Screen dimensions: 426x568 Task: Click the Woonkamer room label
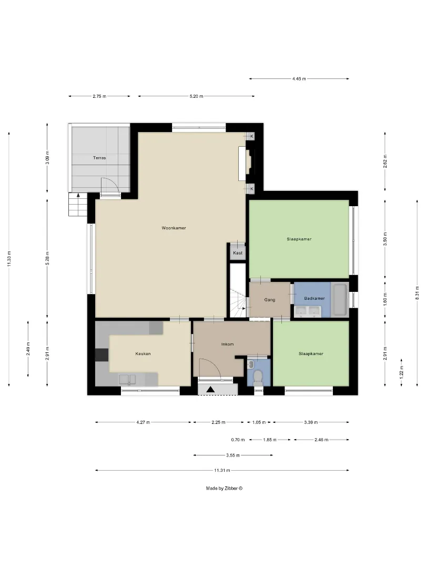[x=174, y=228]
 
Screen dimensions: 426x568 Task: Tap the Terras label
[x=99, y=158]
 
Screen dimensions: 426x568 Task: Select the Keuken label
[x=143, y=353]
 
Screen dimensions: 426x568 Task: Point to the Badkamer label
[x=315, y=298]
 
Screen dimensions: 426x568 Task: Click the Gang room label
[x=269, y=300]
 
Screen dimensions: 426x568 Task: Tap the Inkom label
[x=228, y=344]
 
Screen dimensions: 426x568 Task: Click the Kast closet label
[x=238, y=253]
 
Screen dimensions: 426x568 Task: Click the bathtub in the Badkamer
[x=340, y=300]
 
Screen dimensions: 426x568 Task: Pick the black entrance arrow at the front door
[x=210, y=389]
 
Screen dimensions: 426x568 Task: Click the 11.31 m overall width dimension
[x=222, y=470]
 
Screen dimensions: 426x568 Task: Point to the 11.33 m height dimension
[x=9, y=259]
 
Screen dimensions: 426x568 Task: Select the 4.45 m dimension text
[x=299, y=78]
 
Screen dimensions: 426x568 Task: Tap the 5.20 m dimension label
[x=196, y=96]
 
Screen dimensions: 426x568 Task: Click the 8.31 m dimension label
[x=417, y=293]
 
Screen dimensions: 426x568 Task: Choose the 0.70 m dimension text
[x=238, y=440]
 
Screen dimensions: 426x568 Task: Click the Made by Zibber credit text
[x=224, y=488]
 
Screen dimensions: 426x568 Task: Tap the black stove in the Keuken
[x=102, y=355]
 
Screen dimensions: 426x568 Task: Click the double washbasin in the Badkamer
[x=308, y=311]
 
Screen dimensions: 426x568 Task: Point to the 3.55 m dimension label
[x=233, y=455]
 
